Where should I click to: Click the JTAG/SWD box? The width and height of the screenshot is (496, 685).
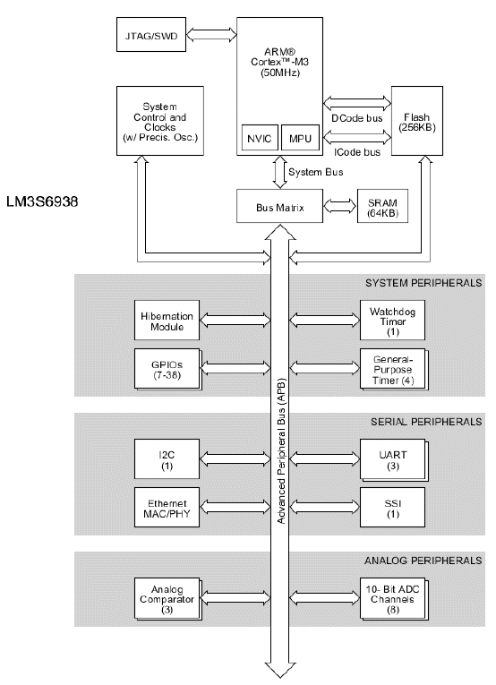[151, 35]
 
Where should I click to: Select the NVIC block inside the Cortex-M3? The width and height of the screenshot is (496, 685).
[260, 138]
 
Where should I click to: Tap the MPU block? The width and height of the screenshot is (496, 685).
[301, 138]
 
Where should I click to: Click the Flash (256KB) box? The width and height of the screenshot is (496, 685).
[417, 121]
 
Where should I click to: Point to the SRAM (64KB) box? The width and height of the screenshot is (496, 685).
[382, 206]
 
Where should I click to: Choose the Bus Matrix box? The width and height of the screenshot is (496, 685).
[280, 206]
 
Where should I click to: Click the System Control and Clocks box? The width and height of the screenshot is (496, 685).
[159, 121]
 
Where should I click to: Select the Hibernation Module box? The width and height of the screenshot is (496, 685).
[167, 321]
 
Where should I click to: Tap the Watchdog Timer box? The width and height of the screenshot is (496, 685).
[392, 321]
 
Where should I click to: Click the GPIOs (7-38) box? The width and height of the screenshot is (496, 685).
[168, 370]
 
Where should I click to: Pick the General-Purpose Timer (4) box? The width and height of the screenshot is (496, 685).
[394, 370]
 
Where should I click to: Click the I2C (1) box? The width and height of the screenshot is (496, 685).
[167, 458]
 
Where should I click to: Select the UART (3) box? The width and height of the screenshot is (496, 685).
[394, 460]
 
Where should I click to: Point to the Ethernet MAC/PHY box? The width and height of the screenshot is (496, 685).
[167, 507]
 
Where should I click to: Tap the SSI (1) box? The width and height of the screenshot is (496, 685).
[392, 507]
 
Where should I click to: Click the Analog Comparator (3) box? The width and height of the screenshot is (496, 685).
[168, 599]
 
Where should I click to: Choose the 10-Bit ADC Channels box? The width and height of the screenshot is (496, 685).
[394, 599]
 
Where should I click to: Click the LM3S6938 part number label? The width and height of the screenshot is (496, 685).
[42, 201]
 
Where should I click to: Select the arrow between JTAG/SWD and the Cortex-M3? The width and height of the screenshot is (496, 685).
[212, 35]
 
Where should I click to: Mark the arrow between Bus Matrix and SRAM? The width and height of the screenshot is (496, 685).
[340, 206]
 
